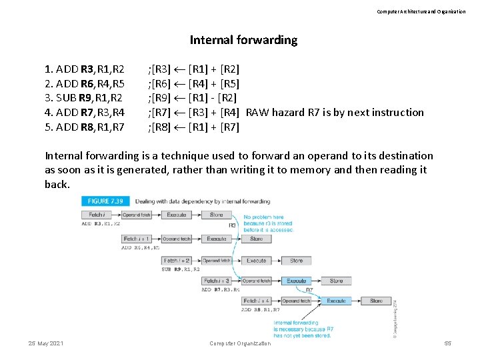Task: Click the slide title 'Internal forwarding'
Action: pos(243,40)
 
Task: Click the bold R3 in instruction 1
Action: pos(87,69)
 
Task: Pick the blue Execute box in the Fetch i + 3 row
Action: pos(297,281)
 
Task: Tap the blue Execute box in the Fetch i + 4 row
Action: pos(337,301)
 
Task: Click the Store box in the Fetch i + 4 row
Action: pos(376,301)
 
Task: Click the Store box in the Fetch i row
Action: pos(217,215)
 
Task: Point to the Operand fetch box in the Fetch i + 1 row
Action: pos(177,238)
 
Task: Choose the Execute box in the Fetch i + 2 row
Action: pos(257,261)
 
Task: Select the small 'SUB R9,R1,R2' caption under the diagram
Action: pos(181,269)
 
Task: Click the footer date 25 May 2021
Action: pos(46,343)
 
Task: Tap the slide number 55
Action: pos(447,343)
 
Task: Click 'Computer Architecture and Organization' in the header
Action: pos(421,11)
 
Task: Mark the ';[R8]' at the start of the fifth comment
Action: pos(159,127)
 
